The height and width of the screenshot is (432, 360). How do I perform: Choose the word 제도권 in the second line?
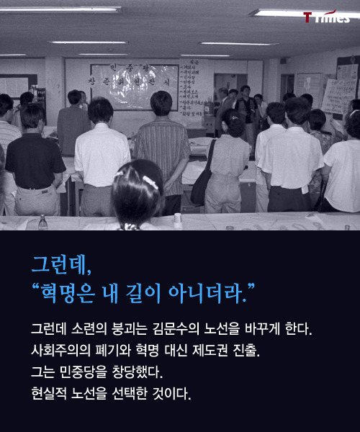[213, 351]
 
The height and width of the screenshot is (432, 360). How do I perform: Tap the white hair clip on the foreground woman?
[150, 181]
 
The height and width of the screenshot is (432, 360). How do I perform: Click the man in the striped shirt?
[162, 151]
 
